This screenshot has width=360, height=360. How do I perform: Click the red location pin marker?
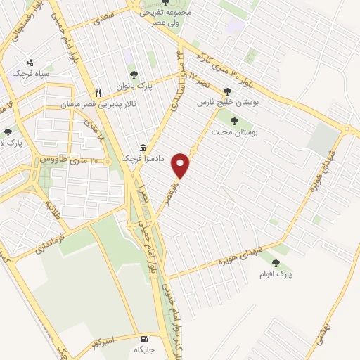[181, 166]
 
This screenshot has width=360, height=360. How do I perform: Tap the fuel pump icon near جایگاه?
[146, 337]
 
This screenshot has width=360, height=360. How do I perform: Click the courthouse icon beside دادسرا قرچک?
[143, 148]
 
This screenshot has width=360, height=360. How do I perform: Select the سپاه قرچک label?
[29, 73]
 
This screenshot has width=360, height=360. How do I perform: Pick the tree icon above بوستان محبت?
[233, 120]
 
